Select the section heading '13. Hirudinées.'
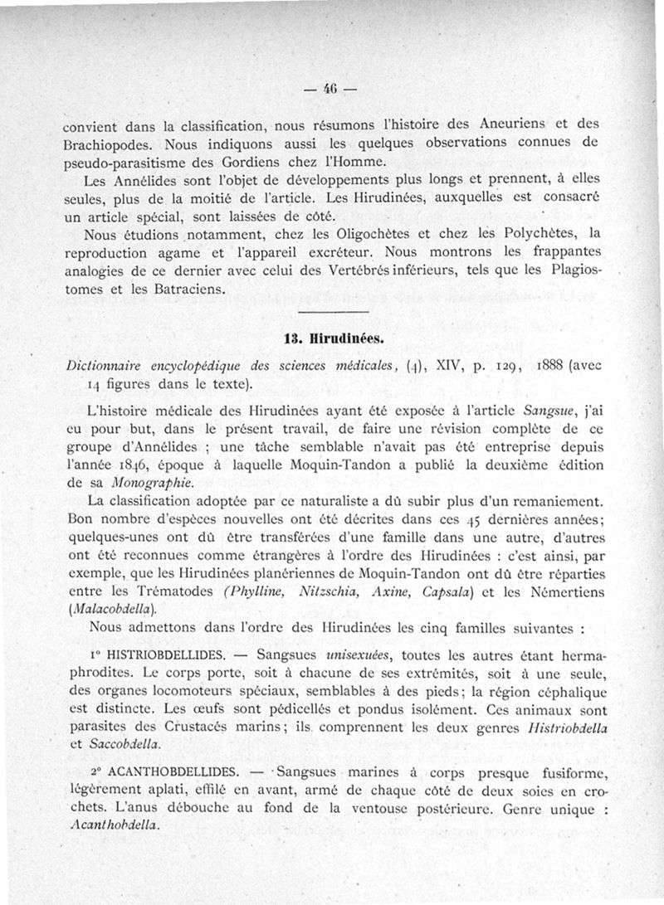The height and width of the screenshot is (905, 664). pyautogui.click(x=331, y=339)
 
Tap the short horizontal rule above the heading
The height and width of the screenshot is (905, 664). pyautogui.click(x=330, y=312)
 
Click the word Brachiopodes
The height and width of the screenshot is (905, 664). pyautogui.click(x=105, y=144)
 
